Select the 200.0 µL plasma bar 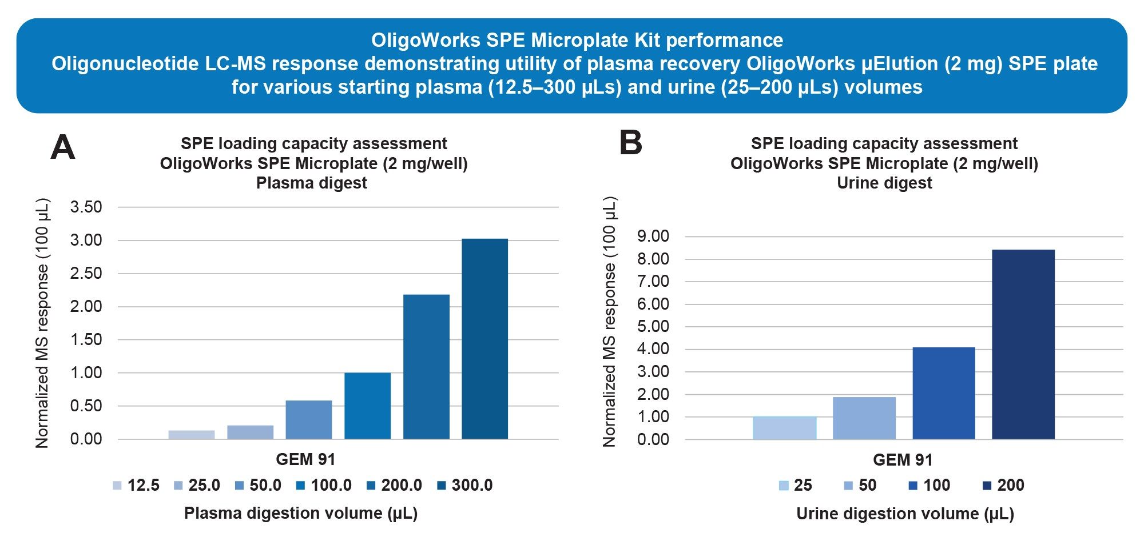pyautogui.click(x=426, y=367)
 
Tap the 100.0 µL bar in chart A pyautogui.click(x=367, y=406)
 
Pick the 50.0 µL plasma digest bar pyautogui.click(x=309, y=419)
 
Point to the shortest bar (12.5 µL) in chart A pyautogui.click(x=192, y=434)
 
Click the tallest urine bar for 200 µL pyautogui.click(x=1023, y=344)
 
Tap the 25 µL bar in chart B pyautogui.click(x=784, y=428)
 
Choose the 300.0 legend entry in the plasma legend pyautogui.click(x=464, y=486)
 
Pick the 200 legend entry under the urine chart pyautogui.click(x=1003, y=486)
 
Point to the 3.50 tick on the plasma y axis pyautogui.click(x=86, y=207)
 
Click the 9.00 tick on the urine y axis pyautogui.click(x=653, y=237)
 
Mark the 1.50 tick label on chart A pyautogui.click(x=86, y=339)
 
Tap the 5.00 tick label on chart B pyautogui.click(x=653, y=326)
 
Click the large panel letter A pyautogui.click(x=63, y=147)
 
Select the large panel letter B pyautogui.click(x=631, y=143)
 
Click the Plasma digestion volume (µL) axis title pyautogui.click(x=301, y=513)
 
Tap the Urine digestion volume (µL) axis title pyautogui.click(x=905, y=514)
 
